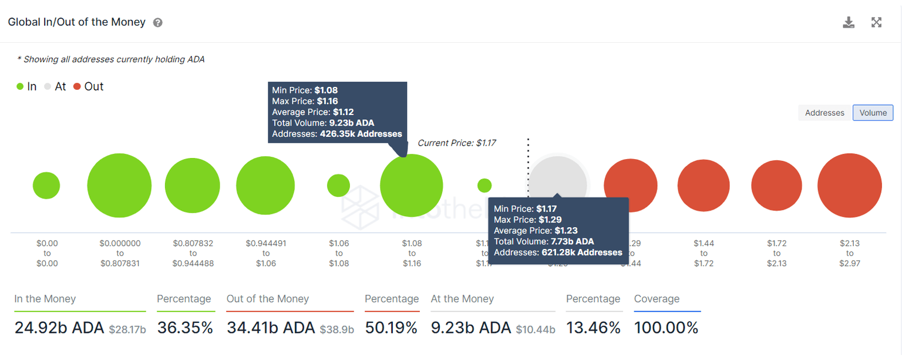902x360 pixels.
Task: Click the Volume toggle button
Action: (x=873, y=113)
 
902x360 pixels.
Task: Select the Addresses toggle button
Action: (x=824, y=113)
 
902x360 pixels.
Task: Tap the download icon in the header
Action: (x=848, y=22)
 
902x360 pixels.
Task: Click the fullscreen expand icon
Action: (x=876, y=22)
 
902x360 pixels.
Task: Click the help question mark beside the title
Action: (x=157, y=23)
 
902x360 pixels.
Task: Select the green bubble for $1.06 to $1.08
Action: (x=338, y=186)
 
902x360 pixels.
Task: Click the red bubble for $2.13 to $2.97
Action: (x=849, y=186)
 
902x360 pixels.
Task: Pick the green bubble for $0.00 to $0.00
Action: (x=46, y=186)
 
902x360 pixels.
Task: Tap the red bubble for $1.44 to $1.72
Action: (x=704, y=186)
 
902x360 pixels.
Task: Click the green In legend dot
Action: (x=20, y=87)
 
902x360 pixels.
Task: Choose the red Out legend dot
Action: (x=77, y=87)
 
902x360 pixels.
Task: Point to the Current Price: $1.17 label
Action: (x=457, y=143)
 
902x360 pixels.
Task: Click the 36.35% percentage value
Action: (x=184, y=328)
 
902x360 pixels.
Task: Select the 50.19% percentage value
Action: (x=391, y=328)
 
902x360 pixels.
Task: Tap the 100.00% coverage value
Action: (x=666, y=328)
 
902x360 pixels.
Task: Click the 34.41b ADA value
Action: (x=270, y=328)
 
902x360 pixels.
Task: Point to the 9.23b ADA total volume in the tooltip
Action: (x=351, y=123)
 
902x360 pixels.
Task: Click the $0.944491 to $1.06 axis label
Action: (x=265, y=253)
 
